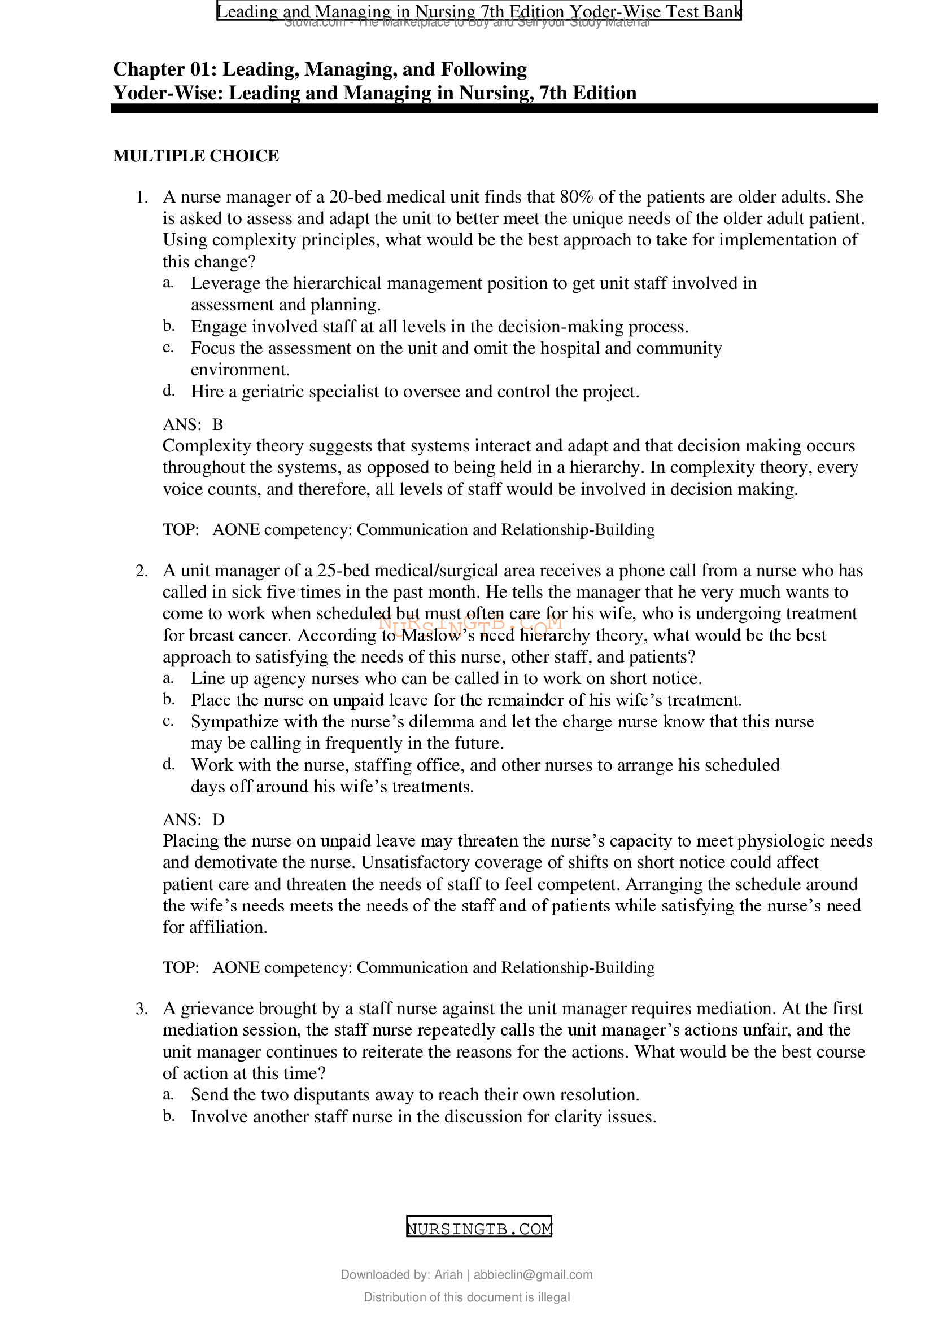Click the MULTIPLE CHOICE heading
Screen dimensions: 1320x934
point(195,156)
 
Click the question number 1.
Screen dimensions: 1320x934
point(142,198)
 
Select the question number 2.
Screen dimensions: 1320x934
point(142,571)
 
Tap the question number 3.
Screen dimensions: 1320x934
point(142,1009)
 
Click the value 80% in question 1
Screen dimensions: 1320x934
point(577,197)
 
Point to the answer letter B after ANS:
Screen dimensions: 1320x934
point(217,424)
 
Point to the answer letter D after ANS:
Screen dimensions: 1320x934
point(218,819)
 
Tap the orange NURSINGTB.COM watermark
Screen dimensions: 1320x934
point(470,622)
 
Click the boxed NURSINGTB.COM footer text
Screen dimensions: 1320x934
point(478,1229)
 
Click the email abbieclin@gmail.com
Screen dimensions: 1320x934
point(533,1275)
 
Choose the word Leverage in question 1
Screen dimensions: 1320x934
point(226,283)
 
